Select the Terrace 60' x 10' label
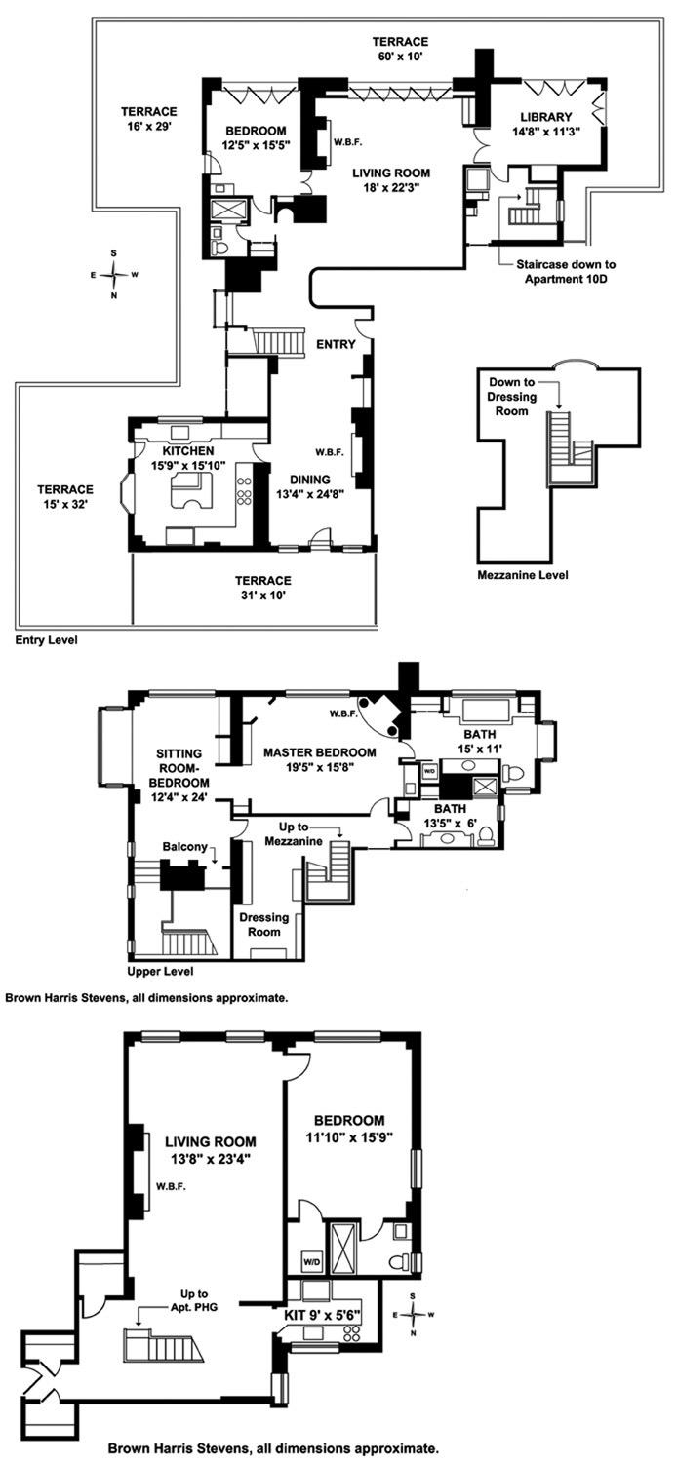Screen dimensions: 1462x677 point(400,49)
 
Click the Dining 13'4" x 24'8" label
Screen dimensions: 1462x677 point(309,486)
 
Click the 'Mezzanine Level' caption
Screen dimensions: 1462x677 point(523,575)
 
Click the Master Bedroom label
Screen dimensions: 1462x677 point(319,759)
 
